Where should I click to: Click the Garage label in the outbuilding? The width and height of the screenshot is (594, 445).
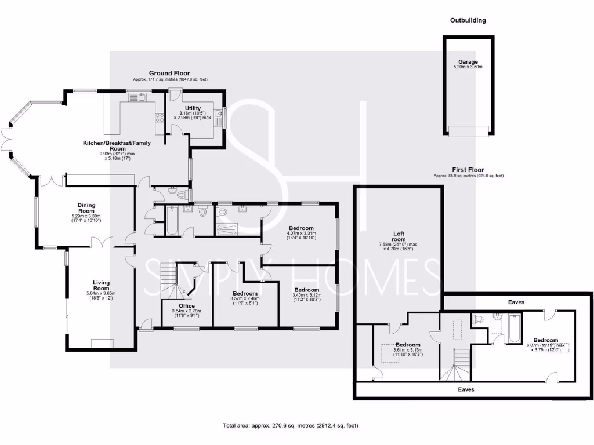coord(468,62)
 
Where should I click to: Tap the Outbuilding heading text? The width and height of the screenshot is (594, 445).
coord(468,20)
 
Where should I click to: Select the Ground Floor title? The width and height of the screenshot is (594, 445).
coord(169,73)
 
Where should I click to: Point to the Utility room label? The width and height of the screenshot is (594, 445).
coord(193,108)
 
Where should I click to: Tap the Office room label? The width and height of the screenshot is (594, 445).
coord(187,305)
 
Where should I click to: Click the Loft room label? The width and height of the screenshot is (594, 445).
coord(398,235)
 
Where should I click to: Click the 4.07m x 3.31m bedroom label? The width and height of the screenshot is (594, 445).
coord(302,228)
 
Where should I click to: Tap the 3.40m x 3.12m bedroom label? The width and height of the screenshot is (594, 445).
coord(306,290)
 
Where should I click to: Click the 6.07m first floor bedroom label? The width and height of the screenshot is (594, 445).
coord(545,340)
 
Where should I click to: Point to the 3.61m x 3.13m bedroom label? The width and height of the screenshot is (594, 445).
coord(407,345)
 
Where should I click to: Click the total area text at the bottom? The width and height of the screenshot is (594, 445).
coord(290,426)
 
